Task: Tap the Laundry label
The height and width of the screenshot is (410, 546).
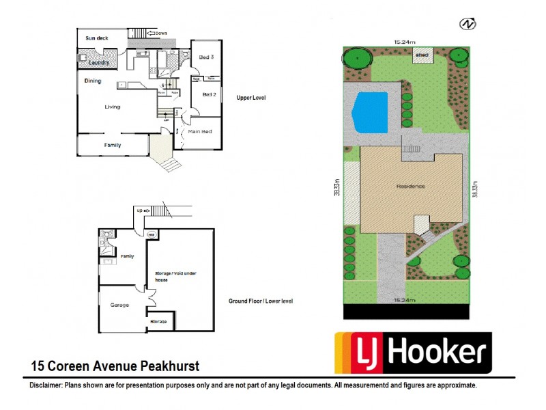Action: pyautogui.click(x=100, y=63)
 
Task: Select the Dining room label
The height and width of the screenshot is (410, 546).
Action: pyautogui.click(x=93, y=81)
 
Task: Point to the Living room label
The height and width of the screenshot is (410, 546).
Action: pyautogui.click(x=113, y=107)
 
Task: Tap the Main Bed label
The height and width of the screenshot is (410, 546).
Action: pyautogui.click(x=202, y=131)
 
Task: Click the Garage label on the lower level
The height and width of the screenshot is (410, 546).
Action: pyautogui.click(x=120, y=305)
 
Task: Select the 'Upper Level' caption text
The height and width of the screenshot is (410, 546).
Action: pyautogui.click(x=250, y=98)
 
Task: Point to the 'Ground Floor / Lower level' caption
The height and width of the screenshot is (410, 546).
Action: pyautogui.click(x=261, y=301)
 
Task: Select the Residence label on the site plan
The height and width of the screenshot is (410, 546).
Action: pyautogui.click(x=410, y=186)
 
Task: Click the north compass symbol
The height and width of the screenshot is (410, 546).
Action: pyautogui.click(x=468, y=24)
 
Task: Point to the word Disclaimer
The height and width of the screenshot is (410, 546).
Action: pyautogui.click(x=46, y=385)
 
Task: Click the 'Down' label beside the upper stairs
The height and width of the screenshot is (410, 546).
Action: pyautogui.click(x=161, y=33)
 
